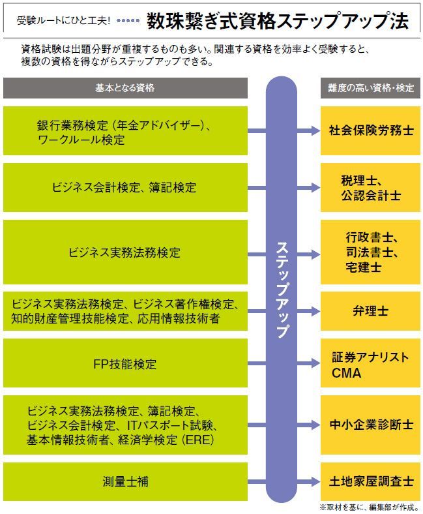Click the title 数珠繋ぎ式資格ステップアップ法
coord(278,21)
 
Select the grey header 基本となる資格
coord(125,88)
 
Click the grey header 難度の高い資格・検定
coord(370,88)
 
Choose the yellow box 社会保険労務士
coord(370,130)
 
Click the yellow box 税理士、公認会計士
coord(370,188)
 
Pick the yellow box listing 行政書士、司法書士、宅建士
coord(370,252)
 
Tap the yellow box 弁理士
coord(370,311)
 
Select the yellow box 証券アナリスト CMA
coord(370,365)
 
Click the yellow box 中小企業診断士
coord(370,425)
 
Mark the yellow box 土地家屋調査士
coord(370,481)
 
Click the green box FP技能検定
coord(125,363)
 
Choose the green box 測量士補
coord(125,481)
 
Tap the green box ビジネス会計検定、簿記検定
coord(125,188)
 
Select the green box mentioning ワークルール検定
coord(125,130)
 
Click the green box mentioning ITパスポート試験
coord(125,425)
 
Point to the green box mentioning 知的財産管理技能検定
coord(125,311)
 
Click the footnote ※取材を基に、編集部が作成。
coord(368,507)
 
